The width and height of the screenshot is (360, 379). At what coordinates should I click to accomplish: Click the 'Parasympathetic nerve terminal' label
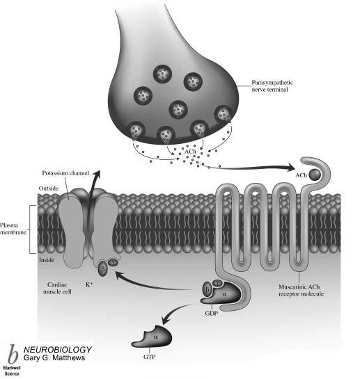coord(272,86)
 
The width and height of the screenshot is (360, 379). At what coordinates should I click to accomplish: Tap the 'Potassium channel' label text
coord(65,173)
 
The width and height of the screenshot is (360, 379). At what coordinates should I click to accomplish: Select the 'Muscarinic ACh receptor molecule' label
coord(301,290)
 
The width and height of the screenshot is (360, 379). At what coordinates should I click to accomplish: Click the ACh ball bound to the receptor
coord(314,175)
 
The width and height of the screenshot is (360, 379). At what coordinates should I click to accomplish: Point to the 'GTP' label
coord(149,357)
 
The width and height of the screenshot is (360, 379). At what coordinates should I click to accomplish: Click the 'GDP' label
coord(212,313)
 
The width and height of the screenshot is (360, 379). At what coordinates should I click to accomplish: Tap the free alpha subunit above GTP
coord(152,337)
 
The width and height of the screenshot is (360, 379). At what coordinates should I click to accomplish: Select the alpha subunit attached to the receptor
coord(223,294)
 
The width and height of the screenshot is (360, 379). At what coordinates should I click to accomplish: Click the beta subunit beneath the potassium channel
coord(103,269)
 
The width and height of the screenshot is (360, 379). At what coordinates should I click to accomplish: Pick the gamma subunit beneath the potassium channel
coord(113,262)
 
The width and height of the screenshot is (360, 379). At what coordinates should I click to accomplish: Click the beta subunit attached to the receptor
coord(208,289)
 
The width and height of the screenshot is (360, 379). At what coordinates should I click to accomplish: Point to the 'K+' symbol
coord(89,284)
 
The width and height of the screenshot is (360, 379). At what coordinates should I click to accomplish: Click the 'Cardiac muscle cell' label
coord(57,288)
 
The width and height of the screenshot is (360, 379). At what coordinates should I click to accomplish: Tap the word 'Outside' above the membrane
coord(49,188)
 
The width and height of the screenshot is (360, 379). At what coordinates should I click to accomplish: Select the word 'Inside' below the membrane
coord(47,260)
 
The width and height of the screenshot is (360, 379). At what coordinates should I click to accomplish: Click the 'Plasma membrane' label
coord(13,229)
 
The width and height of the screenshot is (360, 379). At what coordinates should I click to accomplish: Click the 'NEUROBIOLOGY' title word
coord(58,350)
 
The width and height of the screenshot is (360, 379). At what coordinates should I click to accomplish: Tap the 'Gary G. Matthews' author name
coord(54,357)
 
